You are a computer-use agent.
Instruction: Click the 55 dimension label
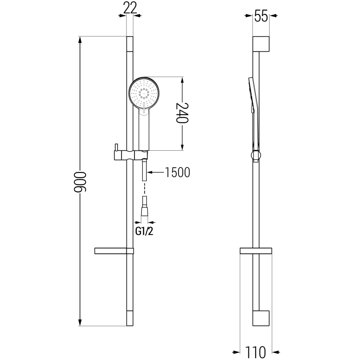click(x=261, y=17)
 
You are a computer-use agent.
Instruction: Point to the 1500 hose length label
click(x=178, y=173)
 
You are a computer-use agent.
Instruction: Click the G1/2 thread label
click(x=144, y=232)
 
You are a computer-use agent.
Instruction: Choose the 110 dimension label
click(x=256, y=350)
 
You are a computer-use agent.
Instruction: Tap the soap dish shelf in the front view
click(x=114, y=251)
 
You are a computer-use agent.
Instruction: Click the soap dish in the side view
click(x=256, y=251)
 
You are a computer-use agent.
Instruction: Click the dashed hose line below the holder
click(x=144, y=186)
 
